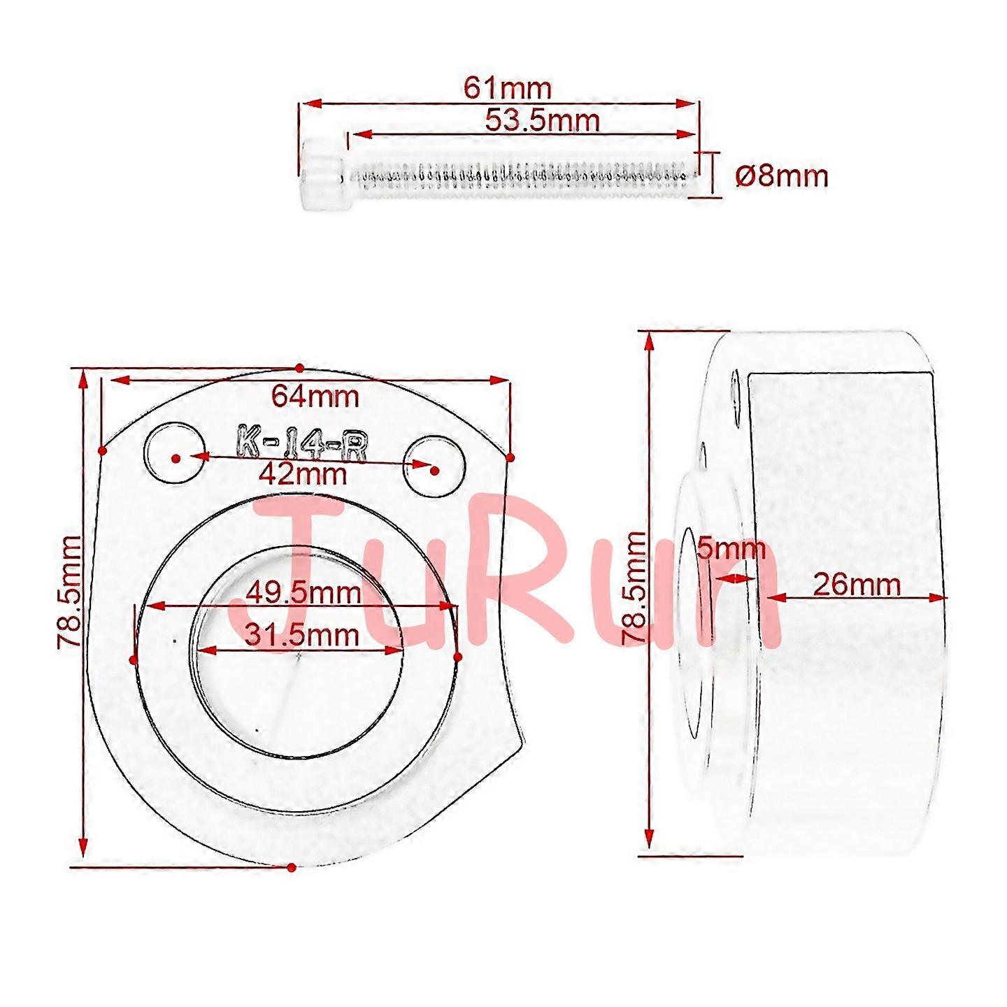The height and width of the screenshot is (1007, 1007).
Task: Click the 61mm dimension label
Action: pos(508,89)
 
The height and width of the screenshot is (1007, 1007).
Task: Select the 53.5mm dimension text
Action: pos(542,121)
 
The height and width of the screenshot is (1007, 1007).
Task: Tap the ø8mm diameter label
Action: pos(782,177)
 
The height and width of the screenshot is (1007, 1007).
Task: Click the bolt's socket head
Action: pos(322,175)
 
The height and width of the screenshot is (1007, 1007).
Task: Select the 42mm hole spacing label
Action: pos(303,474)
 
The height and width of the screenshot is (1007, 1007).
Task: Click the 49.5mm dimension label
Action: pos(303,594)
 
